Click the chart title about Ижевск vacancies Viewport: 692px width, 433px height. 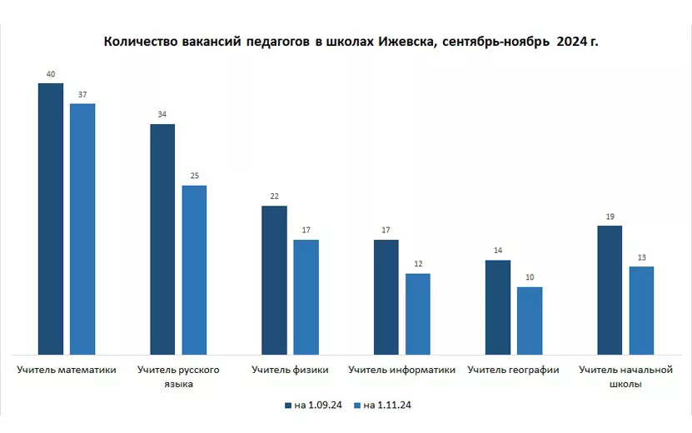tap(351, 42)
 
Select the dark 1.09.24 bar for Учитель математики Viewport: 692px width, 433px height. tap(51, 219)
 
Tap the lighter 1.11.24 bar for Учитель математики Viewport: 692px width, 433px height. tap(82, 229)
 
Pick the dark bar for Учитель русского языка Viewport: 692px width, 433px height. tap(162, 240)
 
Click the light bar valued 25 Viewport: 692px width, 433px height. tap(194, 271)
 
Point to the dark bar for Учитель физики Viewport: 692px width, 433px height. tap(274, 281)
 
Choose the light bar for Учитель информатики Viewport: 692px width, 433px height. tap(417, 315)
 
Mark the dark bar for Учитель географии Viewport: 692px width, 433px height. tap(498, 308)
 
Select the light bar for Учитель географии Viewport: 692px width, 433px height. tap(530, 321)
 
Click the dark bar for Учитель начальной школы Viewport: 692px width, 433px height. tap(610, 291)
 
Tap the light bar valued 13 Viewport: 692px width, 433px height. tap(641, 311)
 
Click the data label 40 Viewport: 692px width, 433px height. tap(51, 75)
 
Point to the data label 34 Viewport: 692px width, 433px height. tap(162, 115)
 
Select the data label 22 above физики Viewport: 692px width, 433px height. tap(274, 197)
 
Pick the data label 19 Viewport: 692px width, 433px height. tap(610, 216)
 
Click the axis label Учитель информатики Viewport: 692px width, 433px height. tap(402, 370)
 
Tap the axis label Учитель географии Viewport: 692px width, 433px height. tap(514, 370)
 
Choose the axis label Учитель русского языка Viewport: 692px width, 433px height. tap(178, 376)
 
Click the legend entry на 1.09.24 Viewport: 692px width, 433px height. tap(312, 406)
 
